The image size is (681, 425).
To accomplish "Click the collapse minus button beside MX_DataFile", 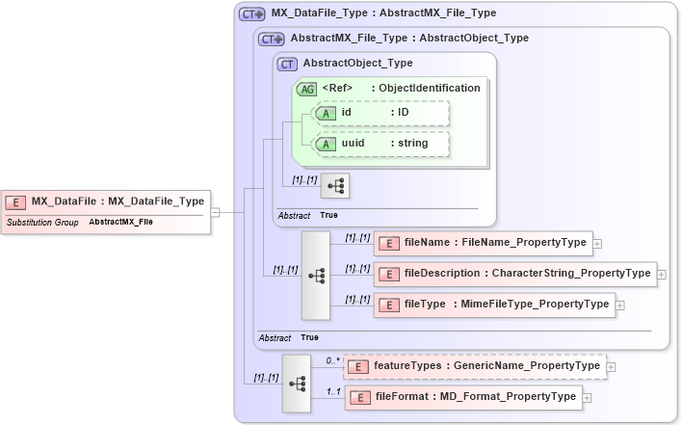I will pos(215,212).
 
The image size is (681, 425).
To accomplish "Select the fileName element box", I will pos(483,243).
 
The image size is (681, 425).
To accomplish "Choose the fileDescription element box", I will pos(515,274).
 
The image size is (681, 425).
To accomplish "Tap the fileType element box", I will pos(494,305).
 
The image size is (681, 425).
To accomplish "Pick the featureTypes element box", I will pos(476,366).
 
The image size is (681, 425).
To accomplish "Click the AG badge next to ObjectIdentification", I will pos(306,88).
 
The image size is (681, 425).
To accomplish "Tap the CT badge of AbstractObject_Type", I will pos(287,64).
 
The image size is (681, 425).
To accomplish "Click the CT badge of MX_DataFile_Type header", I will pos(252,13).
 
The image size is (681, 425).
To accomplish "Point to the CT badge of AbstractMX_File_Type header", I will pos(272,39).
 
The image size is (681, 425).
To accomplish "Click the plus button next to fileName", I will pos(597,244).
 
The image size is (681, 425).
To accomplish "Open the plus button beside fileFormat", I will pos(588,398).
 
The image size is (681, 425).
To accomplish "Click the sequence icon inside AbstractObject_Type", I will pos(334,184).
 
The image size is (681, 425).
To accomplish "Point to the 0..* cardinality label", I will pos(332,360).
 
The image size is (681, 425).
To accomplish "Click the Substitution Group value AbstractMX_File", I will pos(120,222).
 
